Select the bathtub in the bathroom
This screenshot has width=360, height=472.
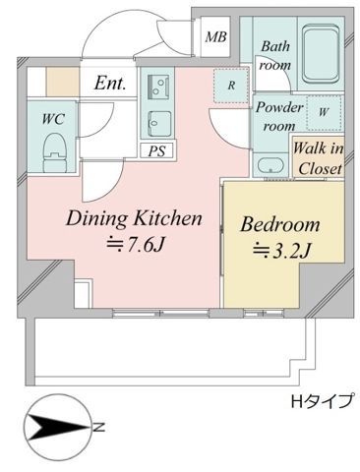click(319, 53)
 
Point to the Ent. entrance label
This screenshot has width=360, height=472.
click(110, 85)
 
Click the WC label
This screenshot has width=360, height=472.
click(51, 118)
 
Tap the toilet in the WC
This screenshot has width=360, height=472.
click(55, 151)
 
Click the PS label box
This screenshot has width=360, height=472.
click(156, 150)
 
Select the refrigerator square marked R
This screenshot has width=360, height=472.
click(230, 86)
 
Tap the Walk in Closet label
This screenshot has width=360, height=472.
click(318, 158)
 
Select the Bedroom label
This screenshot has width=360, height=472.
click(280, 224)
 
